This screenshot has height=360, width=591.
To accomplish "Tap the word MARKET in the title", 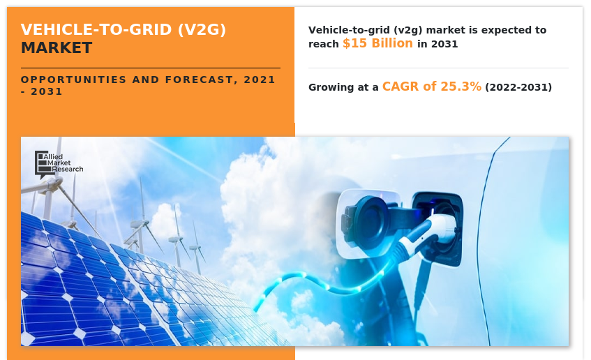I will [x=57, y=48].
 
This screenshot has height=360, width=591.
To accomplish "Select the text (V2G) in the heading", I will [x=203, y=29].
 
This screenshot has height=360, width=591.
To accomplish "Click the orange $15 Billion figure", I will [x=378, y=43].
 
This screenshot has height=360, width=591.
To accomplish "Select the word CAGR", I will [x=401, y=87].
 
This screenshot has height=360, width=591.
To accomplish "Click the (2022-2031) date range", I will [x=518, y=88].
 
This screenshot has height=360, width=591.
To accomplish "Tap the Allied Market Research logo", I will [x=59, y=163].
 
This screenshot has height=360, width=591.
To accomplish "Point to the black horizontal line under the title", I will [x=150, y=68].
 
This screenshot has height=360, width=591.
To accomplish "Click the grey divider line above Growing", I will [x=438, y=68].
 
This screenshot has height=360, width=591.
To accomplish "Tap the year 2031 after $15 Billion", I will [x=444, y=44].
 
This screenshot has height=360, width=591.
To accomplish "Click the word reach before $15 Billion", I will [x=324, y=44].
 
